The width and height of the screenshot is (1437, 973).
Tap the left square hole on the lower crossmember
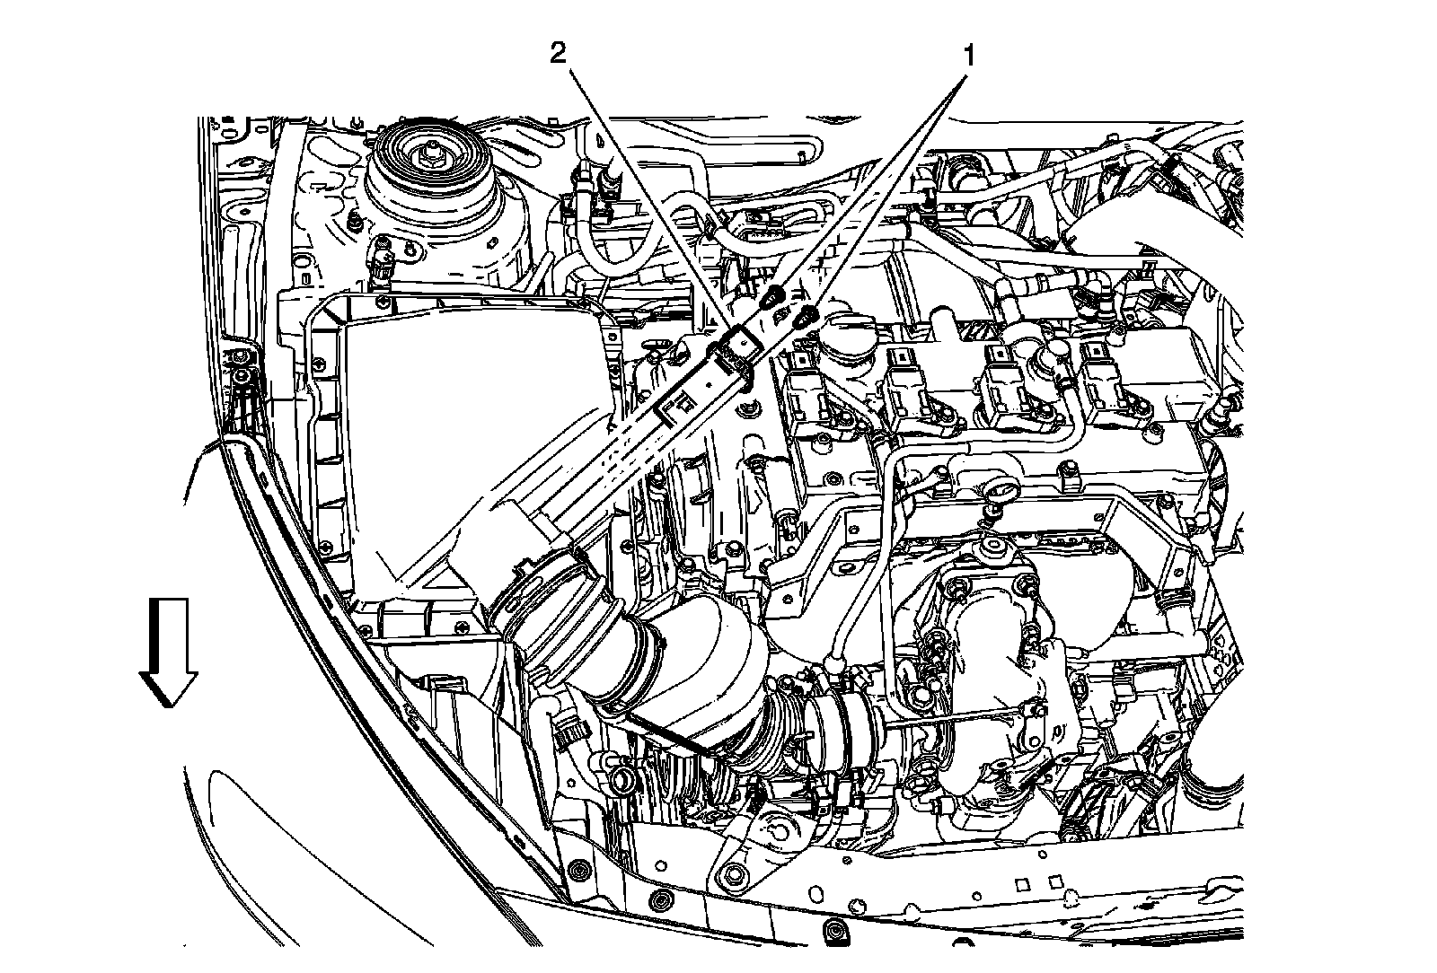tap(1021, 884)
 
